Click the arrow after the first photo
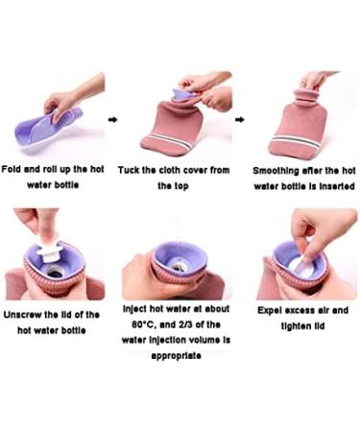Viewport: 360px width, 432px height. coord(112,120)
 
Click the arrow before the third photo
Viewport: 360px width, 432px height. coord(240,120)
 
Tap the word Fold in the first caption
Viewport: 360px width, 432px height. coord(12,169)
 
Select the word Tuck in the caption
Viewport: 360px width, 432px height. coord(129,170)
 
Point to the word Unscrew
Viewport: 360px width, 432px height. coord(22,315)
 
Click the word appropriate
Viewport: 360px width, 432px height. coord(176,356)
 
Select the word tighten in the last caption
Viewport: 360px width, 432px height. coord(294,326)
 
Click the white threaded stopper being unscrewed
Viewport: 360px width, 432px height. coord(47,251)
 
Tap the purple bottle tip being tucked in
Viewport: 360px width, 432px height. coord(184,95)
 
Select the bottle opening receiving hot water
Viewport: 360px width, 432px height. coord(178,265)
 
